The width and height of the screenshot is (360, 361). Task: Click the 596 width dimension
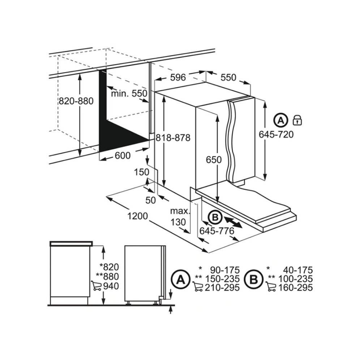178,78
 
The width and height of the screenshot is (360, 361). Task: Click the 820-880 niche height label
76,101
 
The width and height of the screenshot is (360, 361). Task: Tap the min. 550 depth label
129,93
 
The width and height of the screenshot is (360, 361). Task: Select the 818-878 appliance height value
173,138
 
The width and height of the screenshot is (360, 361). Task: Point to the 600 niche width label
123,156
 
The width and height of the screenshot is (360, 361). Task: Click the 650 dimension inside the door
214,160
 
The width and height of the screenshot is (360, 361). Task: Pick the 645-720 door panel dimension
276,134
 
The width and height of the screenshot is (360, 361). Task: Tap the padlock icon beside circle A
297,120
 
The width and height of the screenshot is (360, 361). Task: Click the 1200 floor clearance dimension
137,216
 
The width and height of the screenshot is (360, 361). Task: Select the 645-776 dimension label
217,231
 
